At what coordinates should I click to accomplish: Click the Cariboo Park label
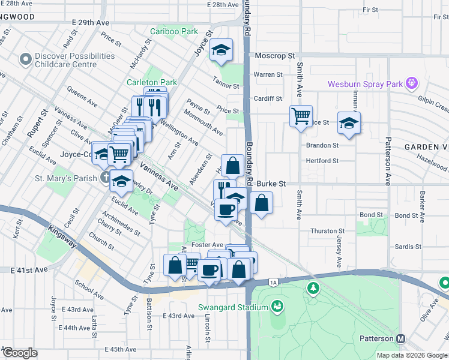point(173,31)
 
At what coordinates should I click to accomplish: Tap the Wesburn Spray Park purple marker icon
point(412,83)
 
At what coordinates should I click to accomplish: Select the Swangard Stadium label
point(233,308)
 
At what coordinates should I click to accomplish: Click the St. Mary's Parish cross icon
point(106,178)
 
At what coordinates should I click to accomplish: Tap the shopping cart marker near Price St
point(301,115)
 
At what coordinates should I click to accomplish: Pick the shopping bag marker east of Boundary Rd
point(261,203)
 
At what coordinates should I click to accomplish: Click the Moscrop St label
point(274,56)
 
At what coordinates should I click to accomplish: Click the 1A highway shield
point(273,281)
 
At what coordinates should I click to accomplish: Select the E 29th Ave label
point(91,22)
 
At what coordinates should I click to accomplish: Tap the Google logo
point(20,353)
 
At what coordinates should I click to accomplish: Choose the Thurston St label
point(327,231)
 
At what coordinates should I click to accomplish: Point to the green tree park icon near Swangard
point(312,289)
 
